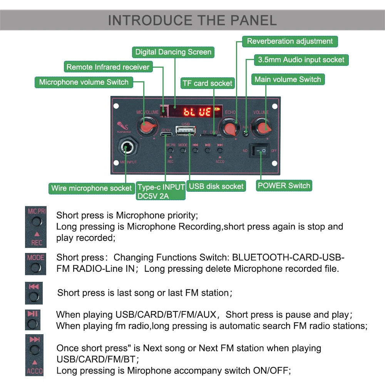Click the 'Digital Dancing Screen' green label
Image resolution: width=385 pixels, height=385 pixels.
(173, 52)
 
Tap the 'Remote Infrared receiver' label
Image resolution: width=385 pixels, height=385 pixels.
(108, 67)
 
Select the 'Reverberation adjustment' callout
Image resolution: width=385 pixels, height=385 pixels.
(290, 41)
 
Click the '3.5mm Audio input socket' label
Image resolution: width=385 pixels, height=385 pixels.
(301, 60)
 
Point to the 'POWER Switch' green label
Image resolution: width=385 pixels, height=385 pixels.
(284, 186)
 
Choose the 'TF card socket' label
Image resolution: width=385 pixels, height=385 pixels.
(207, 83)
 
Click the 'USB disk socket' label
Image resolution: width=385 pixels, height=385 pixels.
(216, 186)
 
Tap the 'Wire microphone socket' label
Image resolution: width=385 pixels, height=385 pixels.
(91, 188)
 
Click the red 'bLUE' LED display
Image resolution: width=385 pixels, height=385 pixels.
(197, 112)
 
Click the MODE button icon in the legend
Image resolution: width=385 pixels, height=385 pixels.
(35, 264)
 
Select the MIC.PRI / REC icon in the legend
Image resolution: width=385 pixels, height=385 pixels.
(35, 227)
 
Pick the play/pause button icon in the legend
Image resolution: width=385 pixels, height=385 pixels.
(33, 320)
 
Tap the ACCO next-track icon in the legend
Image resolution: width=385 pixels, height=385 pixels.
(34, 355)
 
